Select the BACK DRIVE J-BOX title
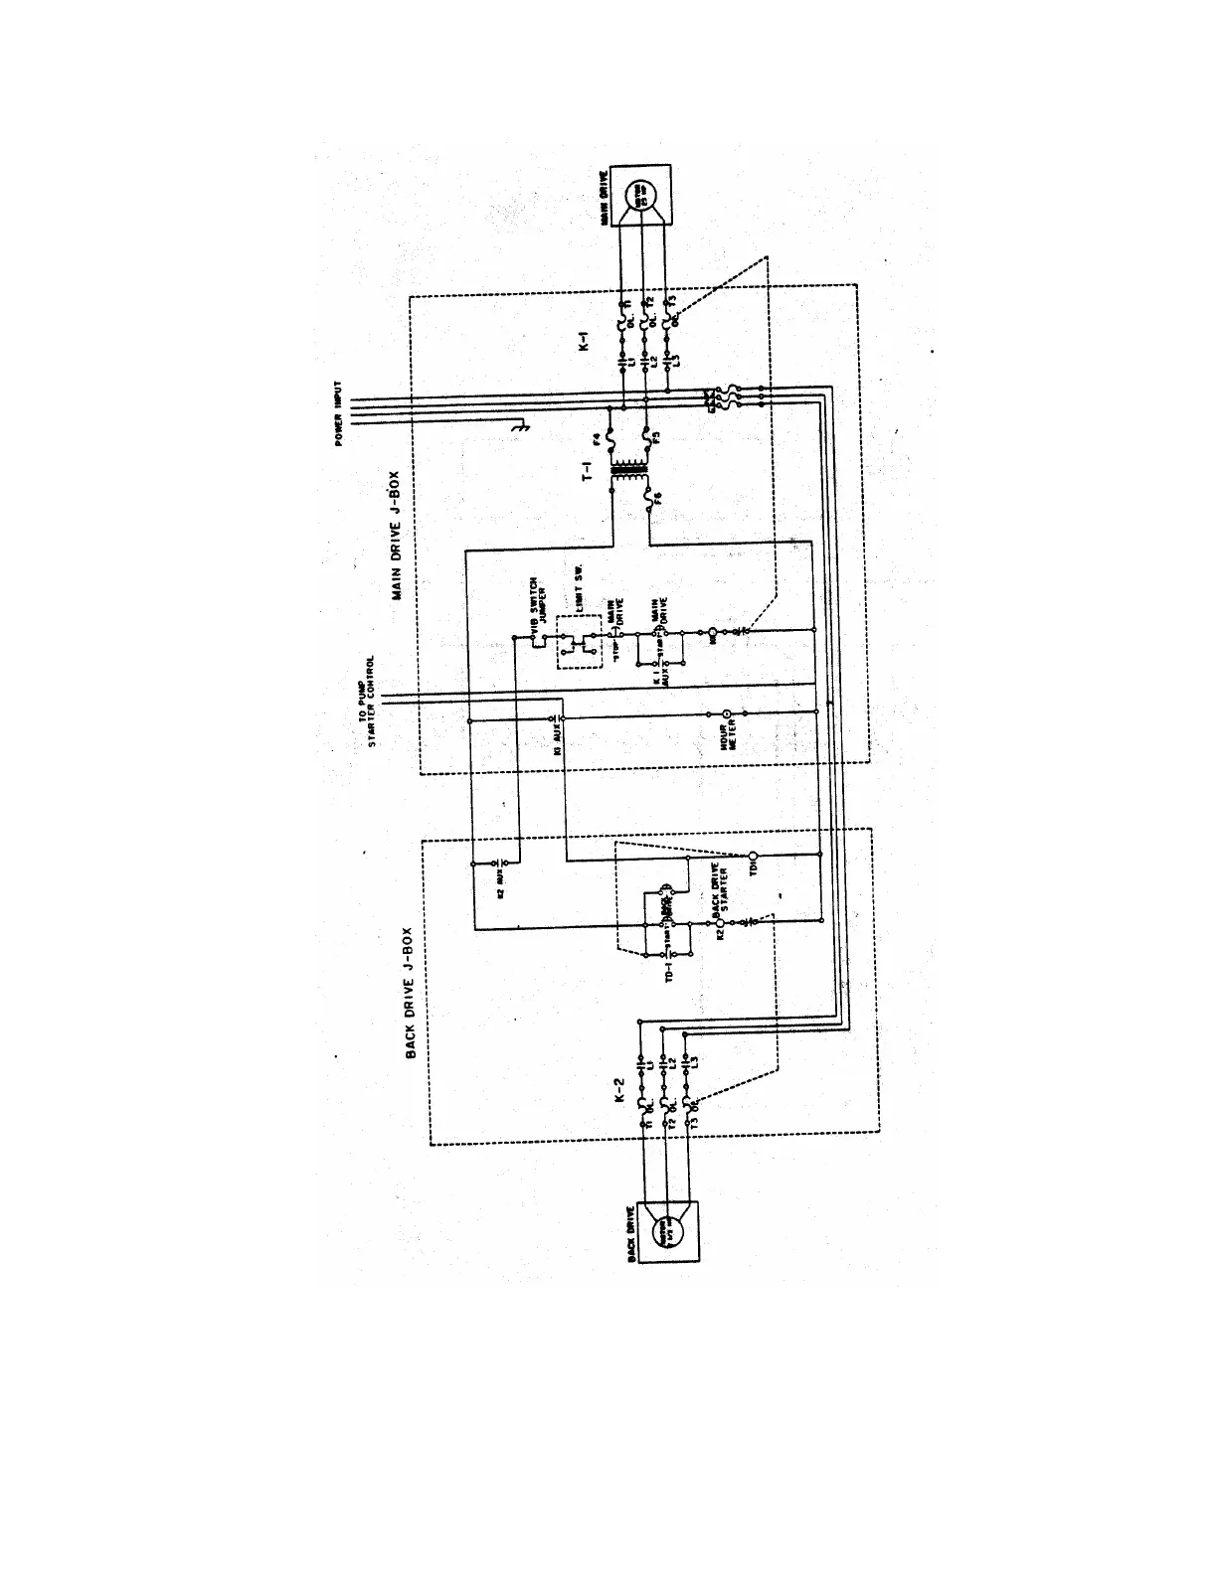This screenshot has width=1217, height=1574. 410,993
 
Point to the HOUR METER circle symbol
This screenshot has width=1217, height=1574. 727,713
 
